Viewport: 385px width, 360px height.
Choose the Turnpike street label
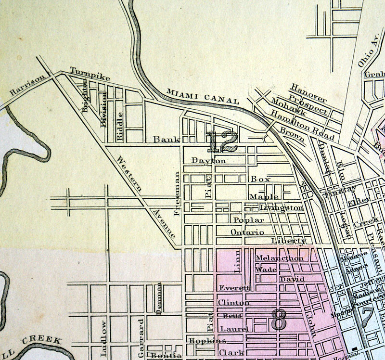[x=90, y=74]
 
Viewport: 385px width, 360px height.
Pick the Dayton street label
[x=208, y=160]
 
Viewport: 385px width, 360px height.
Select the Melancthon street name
[x=280, y=258]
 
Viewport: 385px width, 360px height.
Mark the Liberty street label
[x=288, y=240]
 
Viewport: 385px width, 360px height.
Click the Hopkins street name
[x=207, y=341]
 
